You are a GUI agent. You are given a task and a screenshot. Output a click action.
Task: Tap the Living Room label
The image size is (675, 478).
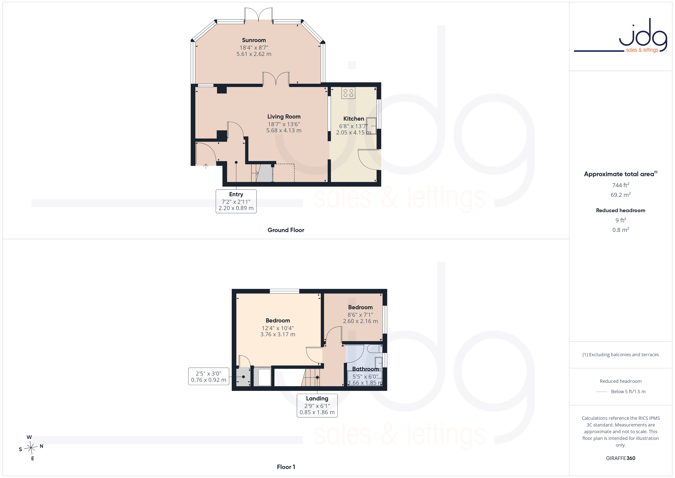[284, 117]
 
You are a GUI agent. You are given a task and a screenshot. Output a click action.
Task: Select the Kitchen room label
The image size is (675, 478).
[354, 119]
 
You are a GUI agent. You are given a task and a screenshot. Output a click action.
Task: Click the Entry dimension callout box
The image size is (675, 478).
[236, 201]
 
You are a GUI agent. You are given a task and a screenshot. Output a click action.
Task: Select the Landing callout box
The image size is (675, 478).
[317, 406]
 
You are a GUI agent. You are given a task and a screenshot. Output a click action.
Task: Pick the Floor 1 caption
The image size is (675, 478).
[286, 467]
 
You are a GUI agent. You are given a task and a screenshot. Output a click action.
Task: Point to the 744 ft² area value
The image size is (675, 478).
[621, 185]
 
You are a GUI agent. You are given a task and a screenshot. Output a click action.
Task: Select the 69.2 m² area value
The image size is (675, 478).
[621, 195]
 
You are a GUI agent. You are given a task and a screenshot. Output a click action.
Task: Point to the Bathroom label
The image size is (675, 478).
[365, 369]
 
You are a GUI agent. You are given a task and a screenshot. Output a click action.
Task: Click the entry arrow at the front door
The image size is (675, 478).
[206, 166]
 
